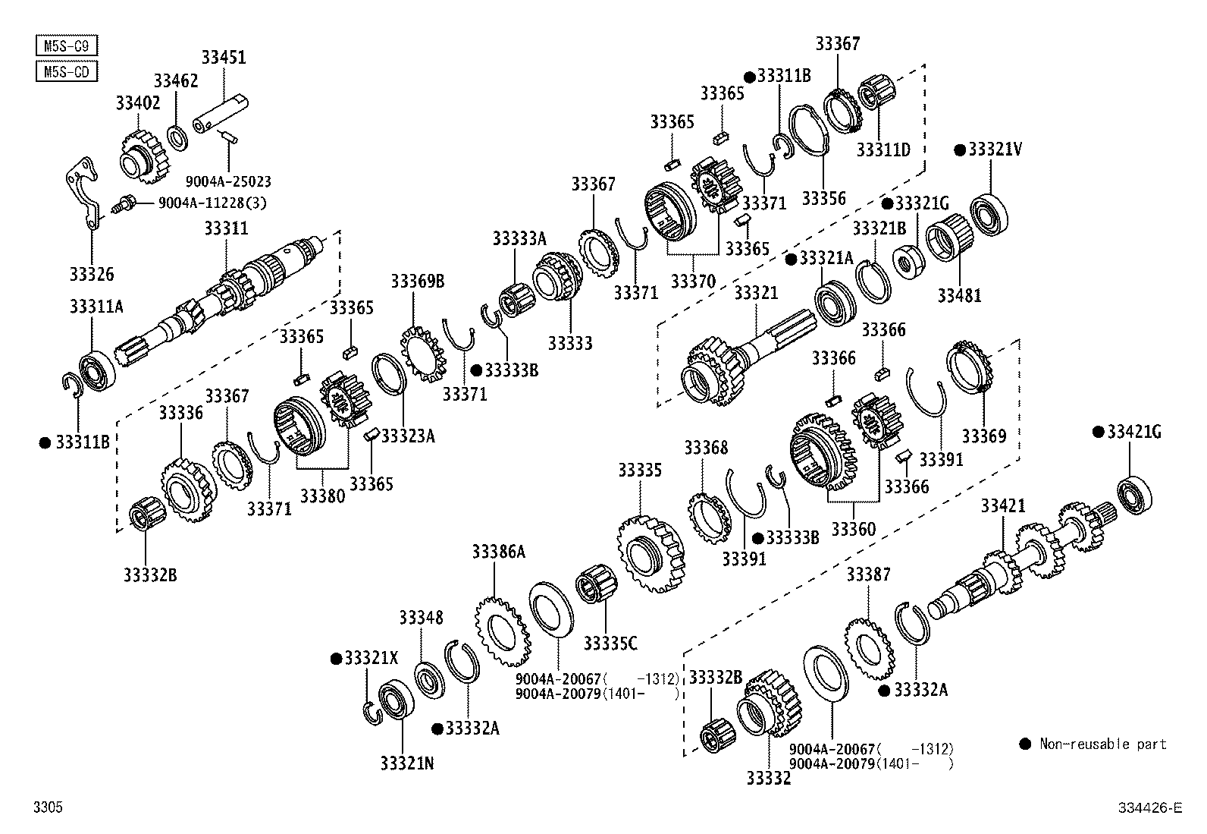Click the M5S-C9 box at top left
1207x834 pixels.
(x=67, y=46)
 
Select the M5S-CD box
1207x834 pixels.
(x=67, y=71)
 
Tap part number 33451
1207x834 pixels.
(x=224, y=57)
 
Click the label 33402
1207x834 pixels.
(x=138, y=102)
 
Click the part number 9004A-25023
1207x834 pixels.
(x=228, y=182)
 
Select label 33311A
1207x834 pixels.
(x=96, y=307)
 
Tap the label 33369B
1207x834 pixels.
(x=417, y=282)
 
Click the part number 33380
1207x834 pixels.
(x=322, y=496)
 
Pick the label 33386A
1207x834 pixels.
(x=498, y=552)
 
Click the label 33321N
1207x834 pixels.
(x=407, y=763)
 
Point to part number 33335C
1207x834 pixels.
(x=610, y=644)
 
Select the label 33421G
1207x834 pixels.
(x=1133, y=432)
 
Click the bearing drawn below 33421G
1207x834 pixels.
(x=1134, y=493)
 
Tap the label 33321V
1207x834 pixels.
(x=995, y=149)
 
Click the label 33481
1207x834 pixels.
(x=959, y=296)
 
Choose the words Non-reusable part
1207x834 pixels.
(x=1102, y=744)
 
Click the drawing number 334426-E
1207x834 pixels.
(x=1149, y=808)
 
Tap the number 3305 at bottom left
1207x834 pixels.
(x=48, y=808)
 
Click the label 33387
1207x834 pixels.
(x=868, y=574)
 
